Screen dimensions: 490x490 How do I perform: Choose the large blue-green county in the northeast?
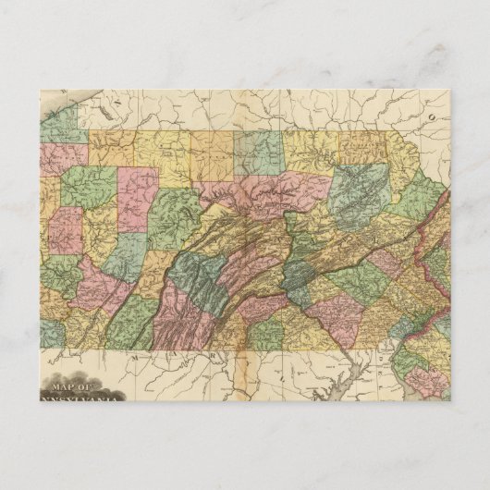tap(362, 190)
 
